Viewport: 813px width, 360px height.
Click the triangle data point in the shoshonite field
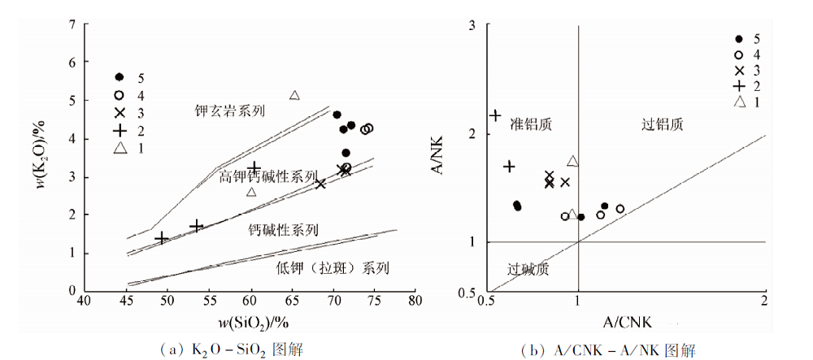(x=294, y=95)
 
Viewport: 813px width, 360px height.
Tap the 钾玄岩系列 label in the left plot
(x=230, y=111)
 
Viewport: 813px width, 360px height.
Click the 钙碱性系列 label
(x=283, y=230)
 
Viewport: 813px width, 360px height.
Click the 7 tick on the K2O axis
(x=73, y=24)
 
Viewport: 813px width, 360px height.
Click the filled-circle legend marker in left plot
(x=120, y=76)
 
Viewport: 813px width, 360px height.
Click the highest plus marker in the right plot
(x=496, y=115)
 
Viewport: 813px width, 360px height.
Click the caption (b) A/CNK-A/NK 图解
(x=608, y=350)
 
